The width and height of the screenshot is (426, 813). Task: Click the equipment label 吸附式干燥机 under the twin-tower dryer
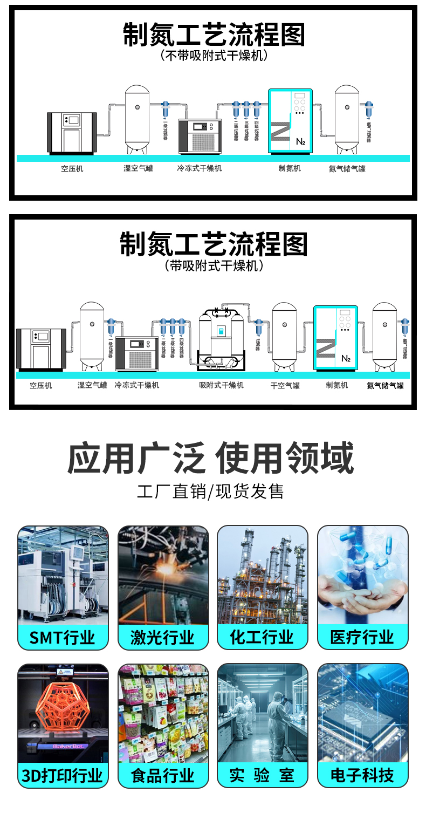[x=221, y=385]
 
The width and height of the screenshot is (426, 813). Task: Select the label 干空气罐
[x=285, y=385]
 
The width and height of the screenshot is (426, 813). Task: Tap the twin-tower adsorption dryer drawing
[x=221, y=340]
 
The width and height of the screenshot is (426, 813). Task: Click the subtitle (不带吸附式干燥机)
[x=214, y=55]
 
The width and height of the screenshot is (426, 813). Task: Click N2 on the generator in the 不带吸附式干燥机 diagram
[x=301, y=142]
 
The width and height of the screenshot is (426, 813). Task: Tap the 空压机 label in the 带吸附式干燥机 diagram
[x=41, y=385]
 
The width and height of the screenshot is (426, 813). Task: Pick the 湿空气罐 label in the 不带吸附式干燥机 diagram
[x=138, y=168]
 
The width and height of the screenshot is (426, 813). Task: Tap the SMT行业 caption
[x=63, y=638]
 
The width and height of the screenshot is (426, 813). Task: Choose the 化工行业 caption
[x=262, y=637]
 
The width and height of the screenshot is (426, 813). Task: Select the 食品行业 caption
[x=163, y=776]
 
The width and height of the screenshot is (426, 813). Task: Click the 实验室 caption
[x=262, y=776]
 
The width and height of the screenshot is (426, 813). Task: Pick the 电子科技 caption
[x=362, y=776]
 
